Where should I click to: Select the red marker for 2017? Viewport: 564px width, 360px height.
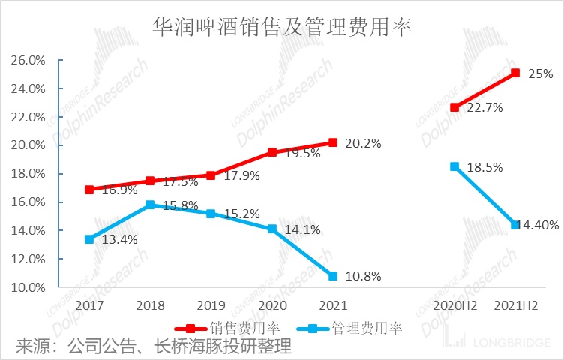[x=90, y=190]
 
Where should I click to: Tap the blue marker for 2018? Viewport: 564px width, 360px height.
[x=150, y=205]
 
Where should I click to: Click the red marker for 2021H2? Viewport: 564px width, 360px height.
[x=514, y=73]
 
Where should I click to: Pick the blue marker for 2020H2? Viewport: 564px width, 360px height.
[x=454, y=166]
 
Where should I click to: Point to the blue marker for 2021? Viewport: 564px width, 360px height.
[x=333, y=276]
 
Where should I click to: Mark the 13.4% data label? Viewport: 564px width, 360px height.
[x=118, y=240]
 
